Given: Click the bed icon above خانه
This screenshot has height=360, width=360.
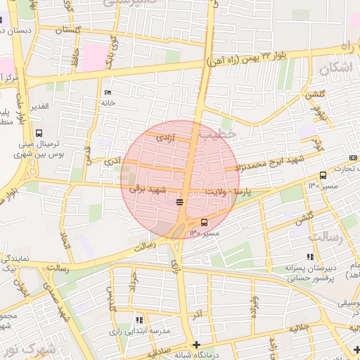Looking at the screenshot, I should (107, 93).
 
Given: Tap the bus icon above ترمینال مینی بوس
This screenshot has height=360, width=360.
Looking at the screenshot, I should (38, 132).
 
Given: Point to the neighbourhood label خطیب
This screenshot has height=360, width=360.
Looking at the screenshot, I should (214, 133).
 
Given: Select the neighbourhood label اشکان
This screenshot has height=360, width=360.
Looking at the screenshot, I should (335, 69).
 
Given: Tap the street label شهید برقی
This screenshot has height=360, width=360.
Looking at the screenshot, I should (146, 188).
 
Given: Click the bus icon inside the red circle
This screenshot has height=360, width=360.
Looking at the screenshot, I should (205, 222).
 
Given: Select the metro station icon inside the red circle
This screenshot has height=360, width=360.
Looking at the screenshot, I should (181, 202).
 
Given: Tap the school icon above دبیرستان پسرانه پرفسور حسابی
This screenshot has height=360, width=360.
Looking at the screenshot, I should (310, 257).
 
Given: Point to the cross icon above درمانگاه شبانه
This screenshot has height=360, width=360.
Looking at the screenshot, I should (196, 345).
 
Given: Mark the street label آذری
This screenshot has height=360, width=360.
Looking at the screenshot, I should (112, 161).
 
